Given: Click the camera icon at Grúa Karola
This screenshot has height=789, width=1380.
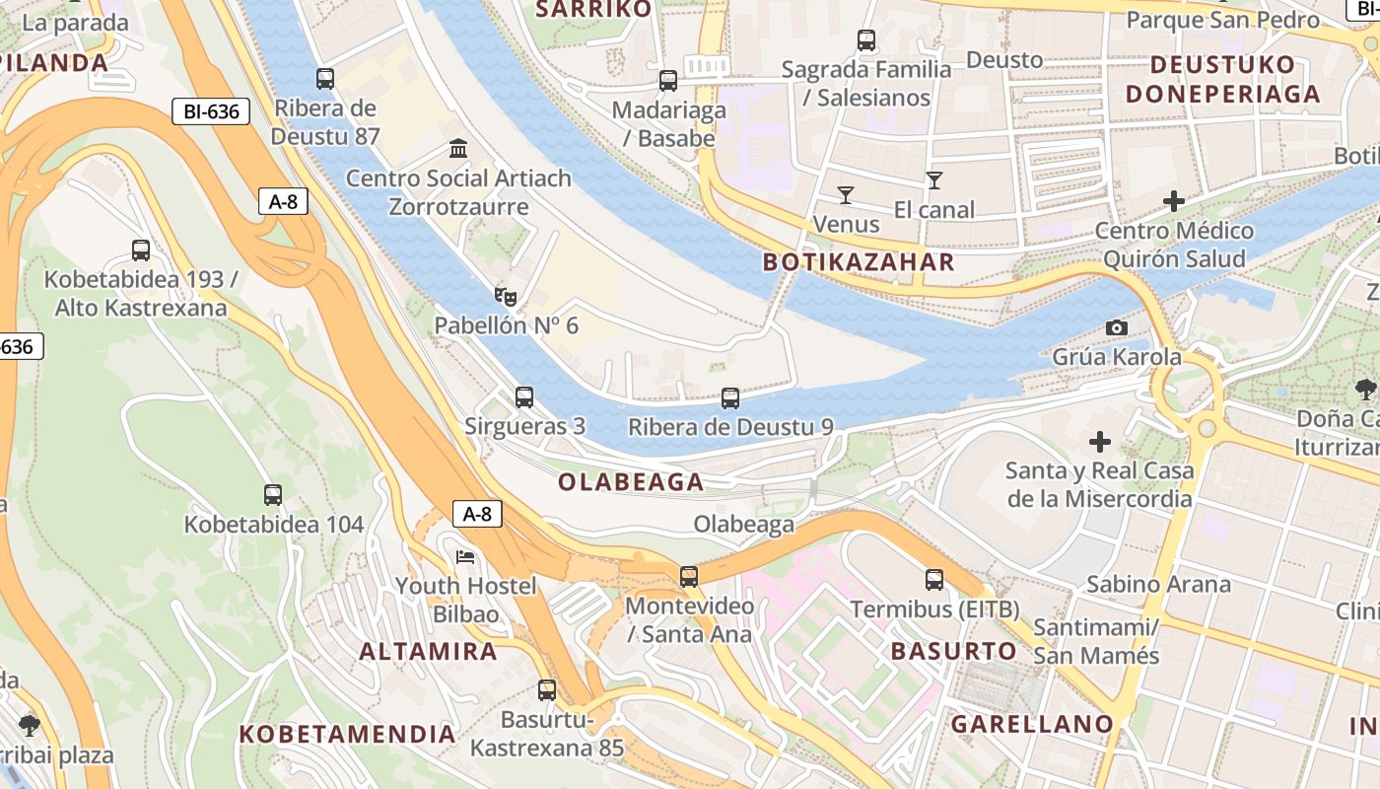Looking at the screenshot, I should pos(1116,327).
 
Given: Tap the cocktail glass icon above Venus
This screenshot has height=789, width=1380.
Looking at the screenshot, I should pos(845,194).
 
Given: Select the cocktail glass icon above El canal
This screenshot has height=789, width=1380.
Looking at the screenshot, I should pos(933,180).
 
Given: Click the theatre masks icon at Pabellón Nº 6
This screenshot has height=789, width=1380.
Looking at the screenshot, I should pos(506,295).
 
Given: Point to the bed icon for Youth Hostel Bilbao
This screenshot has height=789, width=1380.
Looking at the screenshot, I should pos(465,557).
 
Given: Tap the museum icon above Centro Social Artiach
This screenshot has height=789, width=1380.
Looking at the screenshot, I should pos(458,149).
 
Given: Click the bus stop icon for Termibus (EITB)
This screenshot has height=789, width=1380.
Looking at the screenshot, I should pos(934,580).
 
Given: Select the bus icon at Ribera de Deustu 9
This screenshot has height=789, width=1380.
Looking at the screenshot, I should pos(729,397).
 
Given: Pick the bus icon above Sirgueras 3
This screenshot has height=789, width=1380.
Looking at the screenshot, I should pos(524,397).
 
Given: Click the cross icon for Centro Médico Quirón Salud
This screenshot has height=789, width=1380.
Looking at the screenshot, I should pos(1174,201).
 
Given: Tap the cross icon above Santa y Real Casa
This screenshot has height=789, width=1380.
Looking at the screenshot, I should pos(1100,441).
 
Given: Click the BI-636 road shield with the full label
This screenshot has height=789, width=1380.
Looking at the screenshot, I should pos(211,111).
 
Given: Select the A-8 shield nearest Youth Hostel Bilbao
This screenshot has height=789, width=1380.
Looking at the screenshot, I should pos(477,514).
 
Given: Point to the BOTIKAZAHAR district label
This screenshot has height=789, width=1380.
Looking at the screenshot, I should pos(859,262).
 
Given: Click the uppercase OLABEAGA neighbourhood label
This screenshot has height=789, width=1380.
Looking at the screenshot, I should pos(631,482).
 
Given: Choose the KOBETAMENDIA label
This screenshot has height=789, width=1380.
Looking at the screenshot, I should pos(347,734).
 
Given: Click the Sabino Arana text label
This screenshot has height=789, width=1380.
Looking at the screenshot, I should pos(1158,584).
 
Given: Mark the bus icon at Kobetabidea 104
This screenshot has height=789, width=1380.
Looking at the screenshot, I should pos(273,494).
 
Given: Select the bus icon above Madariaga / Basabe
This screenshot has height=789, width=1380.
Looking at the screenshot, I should pos(668,81).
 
